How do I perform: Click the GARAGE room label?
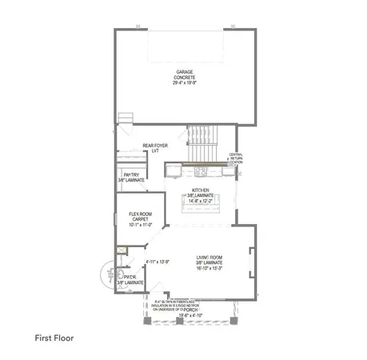[185, 73]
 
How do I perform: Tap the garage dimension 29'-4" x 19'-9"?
[185, 82]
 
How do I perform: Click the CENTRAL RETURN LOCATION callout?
[236, 159]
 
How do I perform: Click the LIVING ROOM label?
[209, 258]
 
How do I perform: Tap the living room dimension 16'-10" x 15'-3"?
[209, 268]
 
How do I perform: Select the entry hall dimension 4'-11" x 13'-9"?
[158, 262]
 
